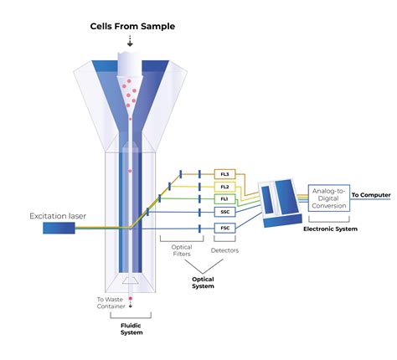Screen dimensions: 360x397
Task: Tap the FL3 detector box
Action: tap(224, 174)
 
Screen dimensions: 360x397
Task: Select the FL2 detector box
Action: tap(224, 187)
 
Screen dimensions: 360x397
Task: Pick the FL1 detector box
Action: tap(224, 199)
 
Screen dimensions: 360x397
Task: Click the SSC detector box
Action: tap(224, 213)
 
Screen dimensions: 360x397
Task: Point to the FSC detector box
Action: tap(224, 227)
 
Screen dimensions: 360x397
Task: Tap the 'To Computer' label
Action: tap(370, 195)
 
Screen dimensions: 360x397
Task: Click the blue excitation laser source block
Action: tap(58, 228)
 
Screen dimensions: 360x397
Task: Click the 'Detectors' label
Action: tap(224, 249)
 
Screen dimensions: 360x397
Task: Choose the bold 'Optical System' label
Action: tap(204, 282)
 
